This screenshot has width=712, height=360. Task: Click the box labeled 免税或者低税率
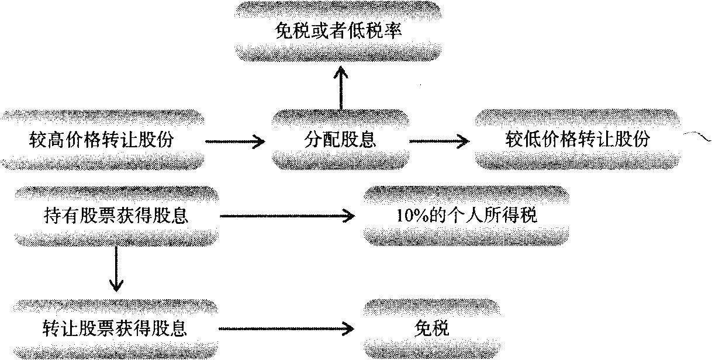pos(338,31)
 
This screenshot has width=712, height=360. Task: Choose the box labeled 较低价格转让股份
pos(578,140)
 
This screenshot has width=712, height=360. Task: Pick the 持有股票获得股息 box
pos(116,216)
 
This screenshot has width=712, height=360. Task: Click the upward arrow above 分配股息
pos(341,88)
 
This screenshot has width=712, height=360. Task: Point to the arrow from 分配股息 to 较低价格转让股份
pos(438,141)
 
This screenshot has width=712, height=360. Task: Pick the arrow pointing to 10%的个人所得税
pos(287,217)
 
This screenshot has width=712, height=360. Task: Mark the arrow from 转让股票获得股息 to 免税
pos(287,328)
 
